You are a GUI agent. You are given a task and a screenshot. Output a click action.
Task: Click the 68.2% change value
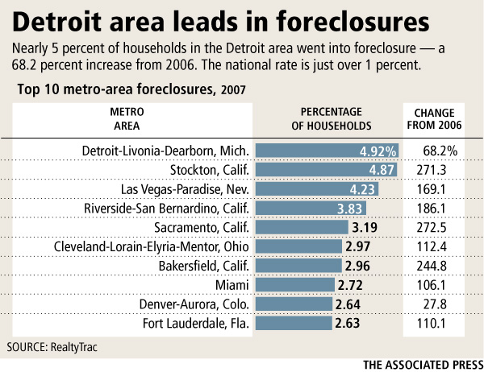click(x=440, y=151)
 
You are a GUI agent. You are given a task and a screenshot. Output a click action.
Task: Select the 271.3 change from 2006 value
click(x=439, y=170)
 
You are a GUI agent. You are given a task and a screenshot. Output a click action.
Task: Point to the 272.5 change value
click(x=439, y=228)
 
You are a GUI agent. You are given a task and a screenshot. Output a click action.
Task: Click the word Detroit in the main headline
click(x=56, y=20)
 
